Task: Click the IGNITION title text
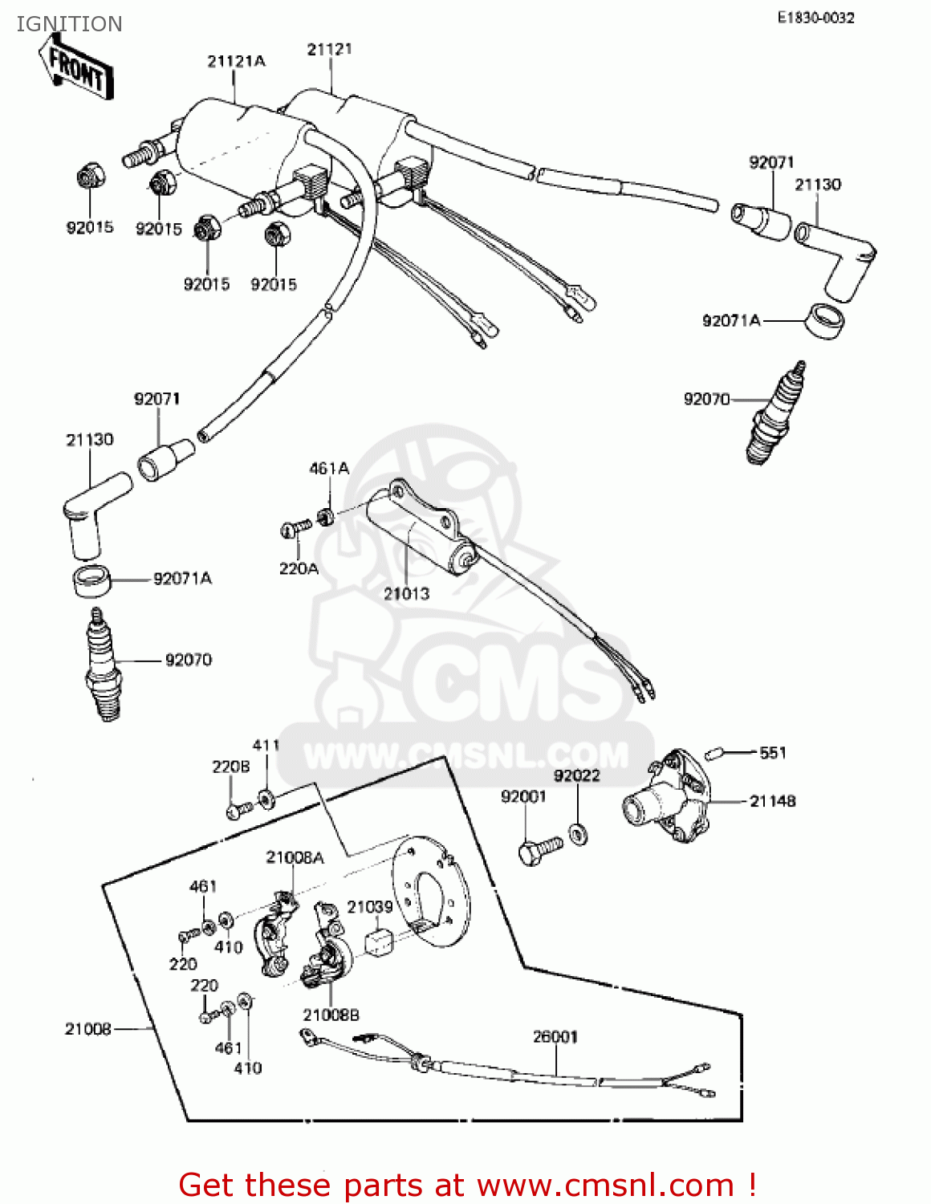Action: coord(69,24)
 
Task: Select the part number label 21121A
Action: coord(236,61)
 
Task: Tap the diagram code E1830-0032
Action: coord(815,18)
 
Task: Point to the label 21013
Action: coord(406,594)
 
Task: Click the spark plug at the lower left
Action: coord(103,666)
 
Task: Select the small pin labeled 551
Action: coord(714,753)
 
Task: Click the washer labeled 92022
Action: coord(577,834)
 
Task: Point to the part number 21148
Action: coord(772,801)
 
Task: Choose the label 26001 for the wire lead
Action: coord(555,1037)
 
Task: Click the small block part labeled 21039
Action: coord(380,942)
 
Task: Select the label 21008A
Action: coord(295,858)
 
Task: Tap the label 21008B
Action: coord(331,1015)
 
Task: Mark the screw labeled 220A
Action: coord(296,528)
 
